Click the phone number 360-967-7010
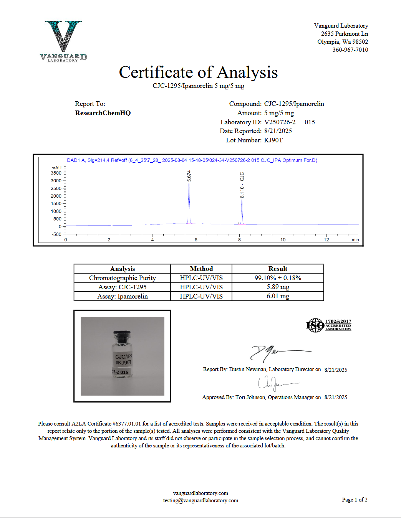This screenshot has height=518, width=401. click(x=350, y=50)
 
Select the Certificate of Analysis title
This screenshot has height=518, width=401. click(x=198, y=73)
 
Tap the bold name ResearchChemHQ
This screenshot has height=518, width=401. click(x=103, y=113)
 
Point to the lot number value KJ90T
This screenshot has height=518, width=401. click(x=273, y=140)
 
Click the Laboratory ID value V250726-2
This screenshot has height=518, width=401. click(x=280, y=122)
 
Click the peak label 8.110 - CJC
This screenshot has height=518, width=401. click(x=242, y=185)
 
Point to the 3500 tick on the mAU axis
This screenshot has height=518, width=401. click(x=56, y=173)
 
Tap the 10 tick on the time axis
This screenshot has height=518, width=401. click(x=283, y=240)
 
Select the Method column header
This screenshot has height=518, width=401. click(x=201, y=269)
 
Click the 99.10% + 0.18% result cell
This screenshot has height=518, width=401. click(x=278, y=278)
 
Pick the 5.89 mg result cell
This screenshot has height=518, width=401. click(x=278, y=287)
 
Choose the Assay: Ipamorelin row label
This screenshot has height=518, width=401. click(x=123, y=296)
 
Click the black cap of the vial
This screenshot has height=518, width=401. click(x=122, y=335)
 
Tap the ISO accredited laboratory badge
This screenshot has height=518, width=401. click(x=329, y=325)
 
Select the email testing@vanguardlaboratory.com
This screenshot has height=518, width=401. click(x=200, y=500)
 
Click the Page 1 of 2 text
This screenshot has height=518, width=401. click(x=355, y=500)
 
